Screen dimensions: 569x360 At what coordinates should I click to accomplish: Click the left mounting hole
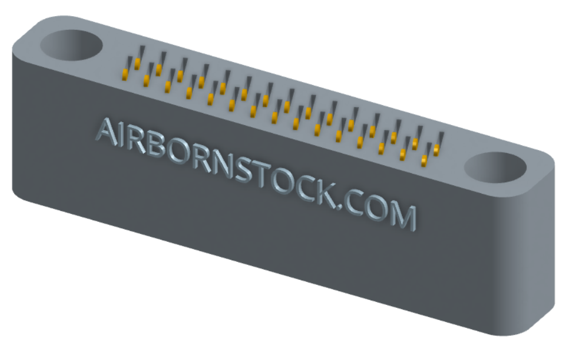tap(71, 45)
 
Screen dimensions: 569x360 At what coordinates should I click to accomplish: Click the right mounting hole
tap(496, 167)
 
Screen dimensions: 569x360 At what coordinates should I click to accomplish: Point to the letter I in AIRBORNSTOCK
tap(123, 136)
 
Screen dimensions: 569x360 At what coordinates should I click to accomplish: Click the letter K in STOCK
tap(328, 194)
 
